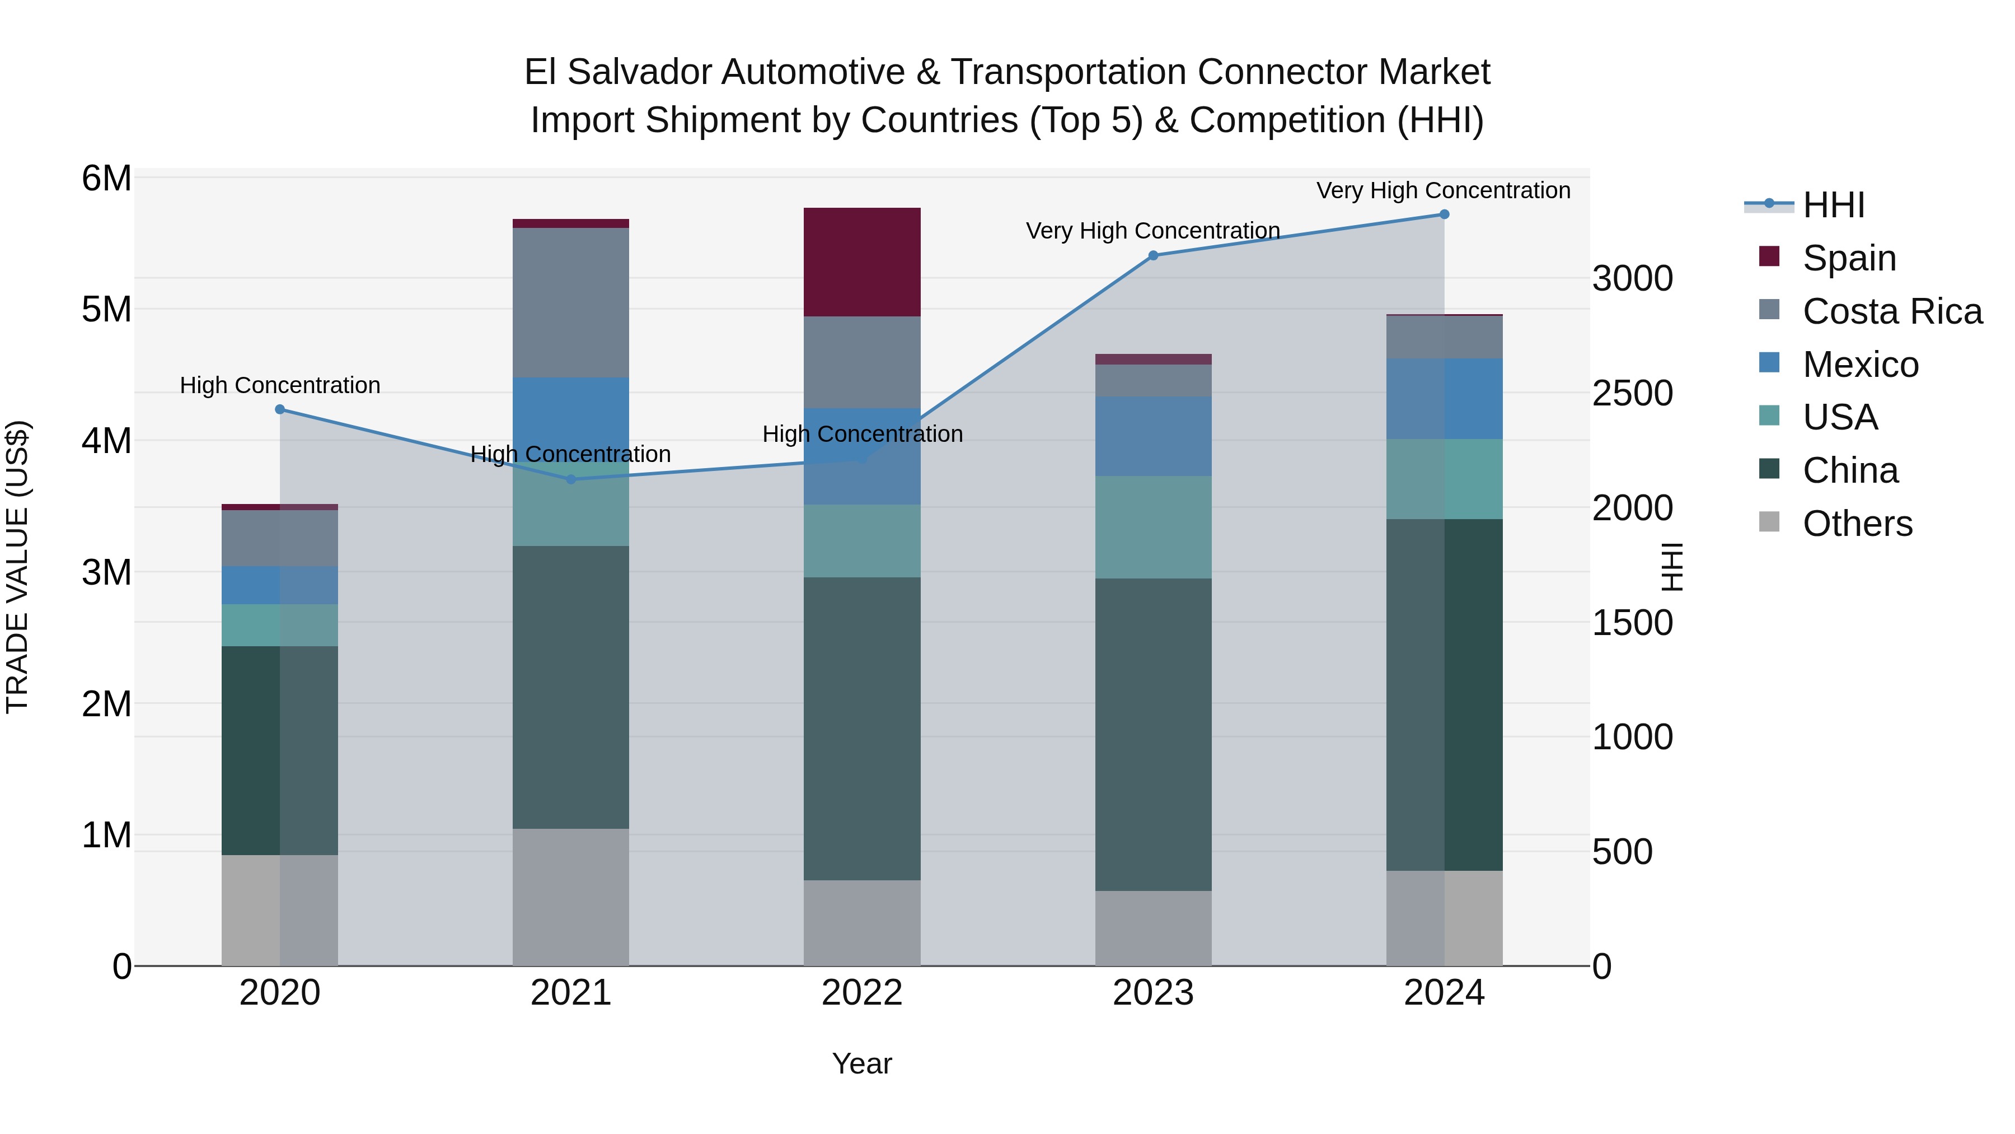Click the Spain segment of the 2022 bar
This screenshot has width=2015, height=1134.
(x=862, y=262)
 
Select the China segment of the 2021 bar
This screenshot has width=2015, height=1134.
(x=570, y=687)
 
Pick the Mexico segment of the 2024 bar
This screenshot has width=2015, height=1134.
(x=1444, y=399)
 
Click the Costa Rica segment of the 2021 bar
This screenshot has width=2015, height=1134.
(x=570, y=303)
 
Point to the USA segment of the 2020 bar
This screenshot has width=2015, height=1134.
(x=279, y=626)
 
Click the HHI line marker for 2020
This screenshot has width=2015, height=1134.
(x=280, y=409)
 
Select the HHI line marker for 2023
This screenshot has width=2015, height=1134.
(x=1153, y=255)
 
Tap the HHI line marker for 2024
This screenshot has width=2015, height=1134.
(x=1444, y=214)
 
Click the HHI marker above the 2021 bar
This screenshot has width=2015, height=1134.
(x=570, y=479)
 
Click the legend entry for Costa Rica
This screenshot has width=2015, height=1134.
(x=1891, y=311)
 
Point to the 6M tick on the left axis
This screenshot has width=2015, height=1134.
(x=106, y=179)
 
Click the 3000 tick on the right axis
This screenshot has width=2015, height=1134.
(x=1633, y=279)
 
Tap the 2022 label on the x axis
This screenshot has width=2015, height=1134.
(x=862, y=993)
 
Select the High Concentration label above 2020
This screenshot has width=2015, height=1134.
(x=280, y=385)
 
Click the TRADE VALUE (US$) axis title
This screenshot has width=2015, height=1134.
(x=17, y=567)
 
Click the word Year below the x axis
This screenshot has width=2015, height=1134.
(x=862, y=1063)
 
